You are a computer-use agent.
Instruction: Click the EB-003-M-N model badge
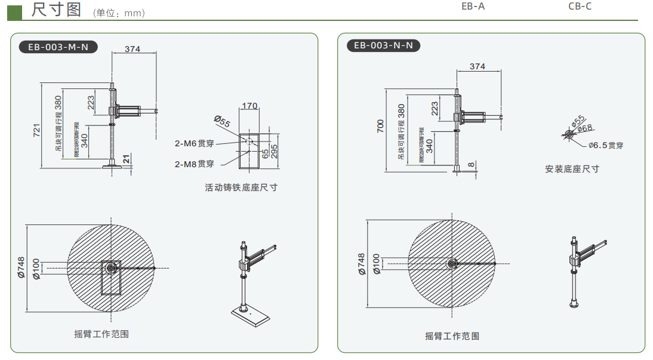58,47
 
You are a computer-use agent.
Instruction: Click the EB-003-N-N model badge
383,46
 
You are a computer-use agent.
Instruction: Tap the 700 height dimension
381,127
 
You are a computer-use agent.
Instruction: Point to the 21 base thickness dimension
127,158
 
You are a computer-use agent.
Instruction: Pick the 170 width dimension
250,106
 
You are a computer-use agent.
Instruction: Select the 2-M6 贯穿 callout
194,143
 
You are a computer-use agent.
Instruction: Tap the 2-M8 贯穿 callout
194,163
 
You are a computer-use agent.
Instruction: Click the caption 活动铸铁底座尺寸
241,187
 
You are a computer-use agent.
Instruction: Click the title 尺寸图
56,10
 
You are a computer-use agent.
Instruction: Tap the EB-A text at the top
473,7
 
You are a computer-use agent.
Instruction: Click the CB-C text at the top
580,7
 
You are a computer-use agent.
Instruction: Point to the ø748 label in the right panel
361,263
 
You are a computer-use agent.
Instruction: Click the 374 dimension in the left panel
133,49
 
